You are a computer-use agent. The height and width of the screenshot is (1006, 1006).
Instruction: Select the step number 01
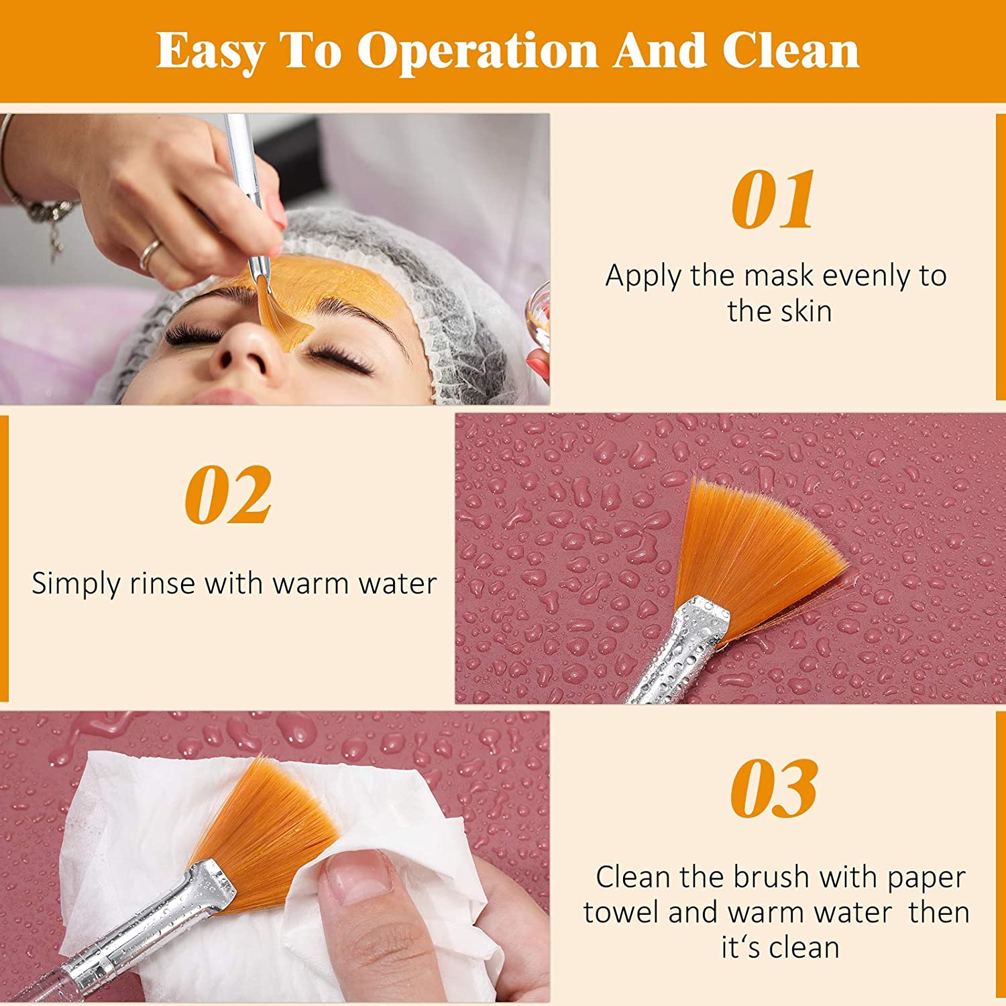(x=773, y=199)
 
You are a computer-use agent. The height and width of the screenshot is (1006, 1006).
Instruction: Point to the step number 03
(x=774, y=789)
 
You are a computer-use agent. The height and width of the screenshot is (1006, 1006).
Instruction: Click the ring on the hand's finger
(x=150, y=254)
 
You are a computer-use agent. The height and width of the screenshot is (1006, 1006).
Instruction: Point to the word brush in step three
(x=771, y=877)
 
